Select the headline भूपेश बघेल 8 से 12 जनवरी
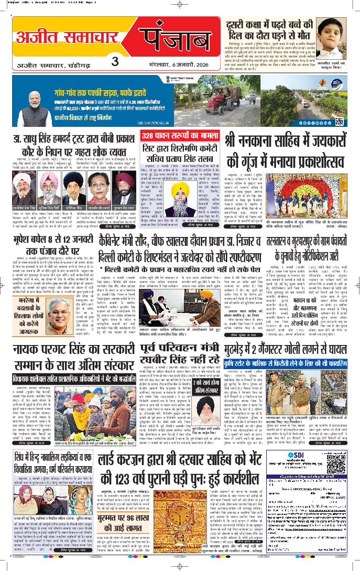pyautogui.click(x=62, y=246)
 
